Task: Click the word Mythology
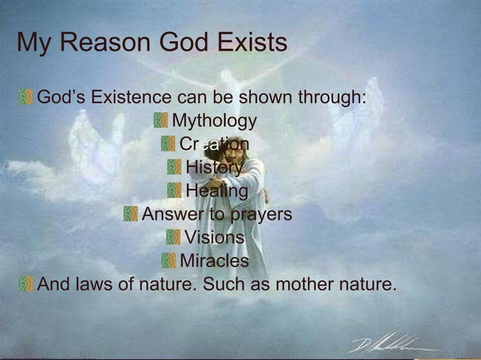214,121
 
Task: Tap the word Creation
214,145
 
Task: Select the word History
214,168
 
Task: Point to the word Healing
216,191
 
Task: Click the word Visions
214,238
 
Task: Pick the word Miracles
214,261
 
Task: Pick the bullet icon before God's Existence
26,98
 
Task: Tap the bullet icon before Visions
173,238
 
